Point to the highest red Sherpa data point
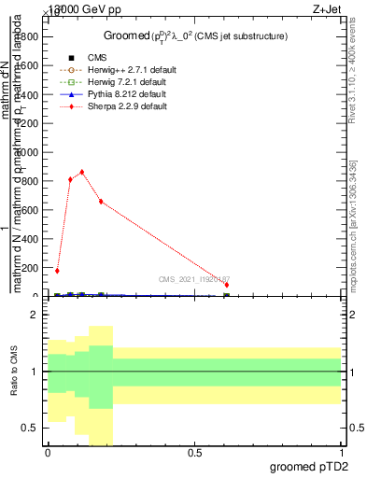tap(82, 172)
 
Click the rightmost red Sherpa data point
tap(227, 285)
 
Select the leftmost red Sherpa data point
tap(57, 271)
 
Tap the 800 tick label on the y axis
tap(32, 179)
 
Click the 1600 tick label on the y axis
tap(28, 63)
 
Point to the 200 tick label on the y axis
tap(32, 267)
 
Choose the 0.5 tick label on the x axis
tap(194, 453)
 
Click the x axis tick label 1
tap(342, 453)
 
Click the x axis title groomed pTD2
tap(312, 467)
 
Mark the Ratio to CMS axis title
tap(14, 372)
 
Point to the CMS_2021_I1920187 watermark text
tap(192, 279)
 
